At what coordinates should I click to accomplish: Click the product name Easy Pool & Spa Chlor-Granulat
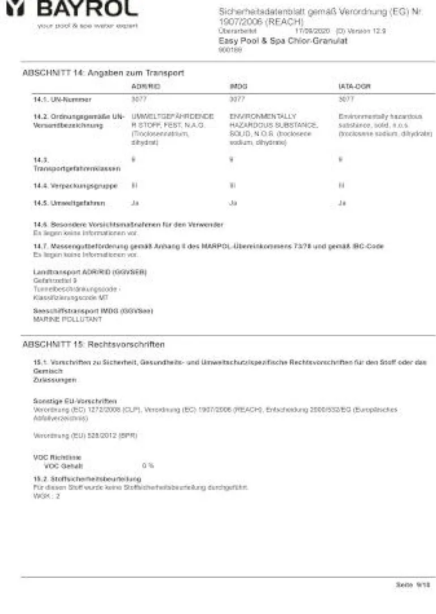pos(283,41)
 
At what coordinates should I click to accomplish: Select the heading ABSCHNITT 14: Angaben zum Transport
pos(103,73)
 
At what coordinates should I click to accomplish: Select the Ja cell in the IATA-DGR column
pos(341,203)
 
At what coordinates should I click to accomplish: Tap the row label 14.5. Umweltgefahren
pos(69,203)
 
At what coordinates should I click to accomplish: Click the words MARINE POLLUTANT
pos(68,319)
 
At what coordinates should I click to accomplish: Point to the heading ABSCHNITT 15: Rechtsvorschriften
pos(93,344)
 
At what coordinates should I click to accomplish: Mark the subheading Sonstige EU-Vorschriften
pos(75,400)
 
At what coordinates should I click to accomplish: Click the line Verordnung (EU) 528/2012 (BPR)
pos(86,435)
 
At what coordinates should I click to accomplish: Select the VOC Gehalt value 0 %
pos(148,466)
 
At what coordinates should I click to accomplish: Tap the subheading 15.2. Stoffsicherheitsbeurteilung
pos(87,479)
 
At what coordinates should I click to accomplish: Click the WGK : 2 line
pos(46,495)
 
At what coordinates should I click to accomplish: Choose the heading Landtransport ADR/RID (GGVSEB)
pos(90,272)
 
